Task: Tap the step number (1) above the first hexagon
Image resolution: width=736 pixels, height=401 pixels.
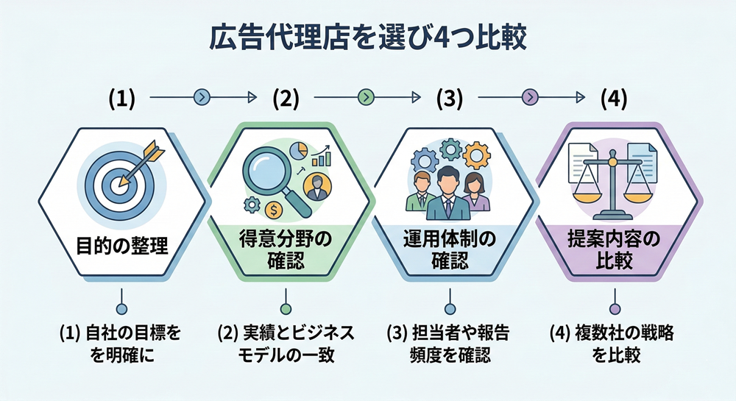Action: click(121, 97)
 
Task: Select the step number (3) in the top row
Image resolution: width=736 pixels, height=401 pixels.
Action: click(449, 97)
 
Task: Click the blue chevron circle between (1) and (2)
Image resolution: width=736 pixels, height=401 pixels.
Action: click(202, 96)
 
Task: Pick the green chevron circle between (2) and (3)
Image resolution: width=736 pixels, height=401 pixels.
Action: click(366, 96)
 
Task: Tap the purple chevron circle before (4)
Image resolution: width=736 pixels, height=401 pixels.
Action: click(531, 96)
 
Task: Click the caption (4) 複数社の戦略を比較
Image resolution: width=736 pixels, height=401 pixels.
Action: click(613, 344)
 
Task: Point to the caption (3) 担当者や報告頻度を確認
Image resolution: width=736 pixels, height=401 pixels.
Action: click(449, 344)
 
